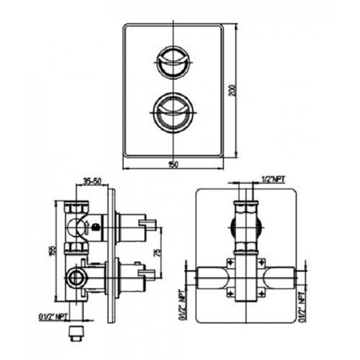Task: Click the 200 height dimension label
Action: [x=233, y=90]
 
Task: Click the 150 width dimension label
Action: [x=173, y=165]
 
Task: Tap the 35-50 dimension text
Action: [x=92, y=181]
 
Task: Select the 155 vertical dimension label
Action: [x=53, y=250]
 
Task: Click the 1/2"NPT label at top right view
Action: [x=273, y=179]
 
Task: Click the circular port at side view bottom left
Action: [x=75, y=278]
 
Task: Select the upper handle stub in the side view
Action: [x=147, y=225]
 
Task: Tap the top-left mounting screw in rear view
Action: [x=230, y=262]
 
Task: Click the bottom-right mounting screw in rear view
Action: [x=261, y=293]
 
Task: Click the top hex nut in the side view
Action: [x=76, y=207]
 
